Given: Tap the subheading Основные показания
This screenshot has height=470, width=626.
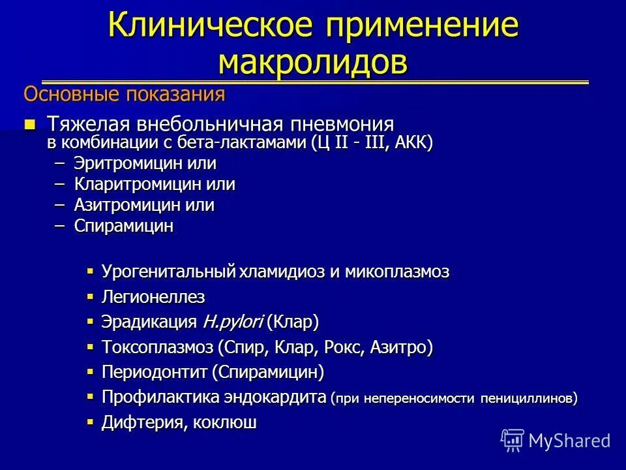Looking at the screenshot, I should point(124,95).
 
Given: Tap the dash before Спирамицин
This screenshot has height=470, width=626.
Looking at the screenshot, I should point(61,226).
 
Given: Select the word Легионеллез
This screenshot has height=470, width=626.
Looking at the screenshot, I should point(153,297).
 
